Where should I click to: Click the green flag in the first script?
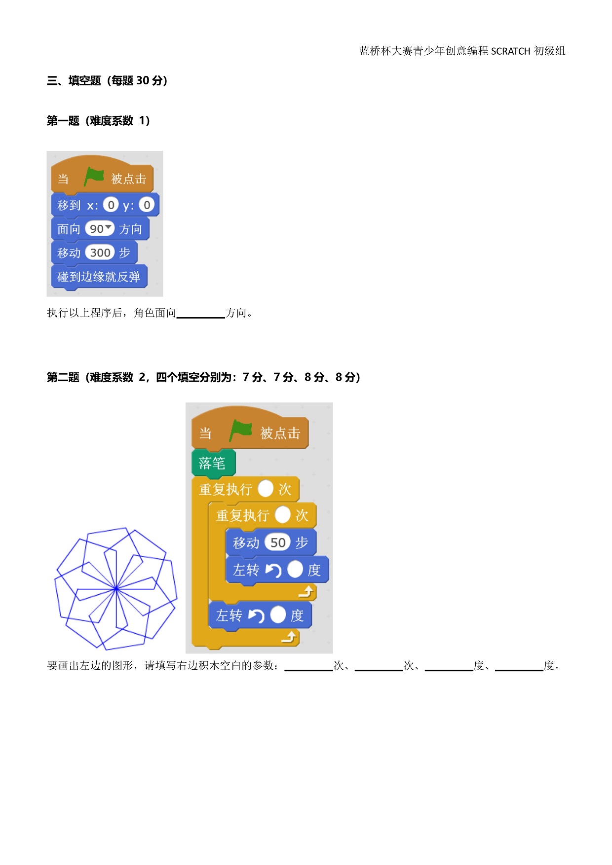(94, 177)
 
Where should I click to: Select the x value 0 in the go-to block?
(111, 205)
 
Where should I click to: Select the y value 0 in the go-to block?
(147, 205)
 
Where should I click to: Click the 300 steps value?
(100, 252)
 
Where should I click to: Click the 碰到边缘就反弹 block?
(99, 277)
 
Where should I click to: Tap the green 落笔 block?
(213, 463)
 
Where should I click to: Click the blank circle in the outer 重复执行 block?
(266, 489)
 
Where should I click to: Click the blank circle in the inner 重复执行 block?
(282, 515)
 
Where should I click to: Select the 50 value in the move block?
(278, 542)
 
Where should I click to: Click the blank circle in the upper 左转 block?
(295, 570)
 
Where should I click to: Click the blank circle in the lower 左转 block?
(278, 615)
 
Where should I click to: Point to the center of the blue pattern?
(116, 588)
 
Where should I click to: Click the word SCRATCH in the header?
(510, 51)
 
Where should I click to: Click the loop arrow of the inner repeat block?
(306, 591)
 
